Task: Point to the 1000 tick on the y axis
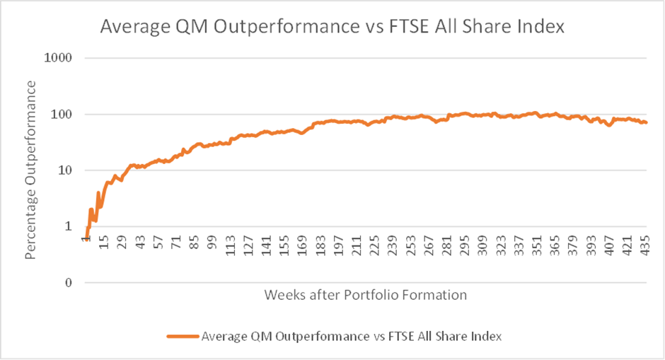pos(60,58)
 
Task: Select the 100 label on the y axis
pos(63,115)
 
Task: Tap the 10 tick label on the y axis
pos(66,170)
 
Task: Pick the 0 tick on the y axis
pos(69,283)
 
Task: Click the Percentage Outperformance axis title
pos(30,170)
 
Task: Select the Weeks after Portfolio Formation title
pos(366,295)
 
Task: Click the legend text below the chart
pos(352,337)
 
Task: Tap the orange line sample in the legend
pos(182,337)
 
